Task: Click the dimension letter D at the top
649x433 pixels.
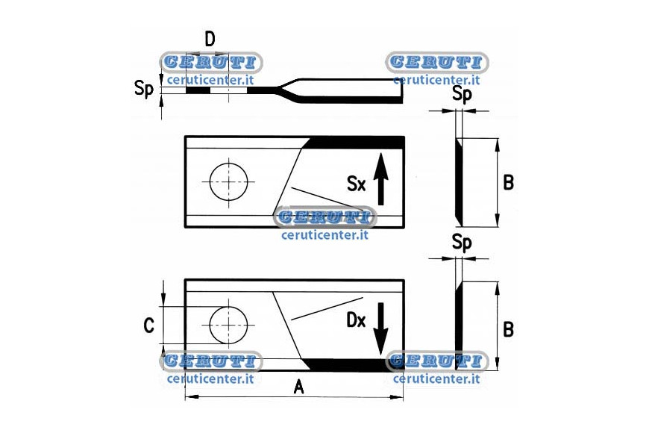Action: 210,40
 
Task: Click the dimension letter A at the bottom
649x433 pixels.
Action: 298,387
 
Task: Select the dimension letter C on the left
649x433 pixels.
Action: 148,325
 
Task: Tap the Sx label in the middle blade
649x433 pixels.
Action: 357,184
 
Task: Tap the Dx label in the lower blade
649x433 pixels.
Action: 356,320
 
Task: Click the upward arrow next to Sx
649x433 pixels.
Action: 380,179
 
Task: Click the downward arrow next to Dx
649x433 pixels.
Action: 380,328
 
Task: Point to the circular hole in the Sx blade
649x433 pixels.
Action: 228,182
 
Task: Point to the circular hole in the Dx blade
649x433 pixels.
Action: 228,325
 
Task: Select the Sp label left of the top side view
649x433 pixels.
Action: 144,89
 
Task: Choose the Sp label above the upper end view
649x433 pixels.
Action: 462,94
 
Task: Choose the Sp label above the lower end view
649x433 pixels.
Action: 462,242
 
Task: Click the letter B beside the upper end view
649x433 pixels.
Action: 508,182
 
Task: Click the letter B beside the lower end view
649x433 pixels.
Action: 508,329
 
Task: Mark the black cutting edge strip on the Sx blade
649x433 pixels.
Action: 353,143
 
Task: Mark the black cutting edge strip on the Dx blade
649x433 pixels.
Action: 353,364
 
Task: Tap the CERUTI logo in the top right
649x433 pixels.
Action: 436,62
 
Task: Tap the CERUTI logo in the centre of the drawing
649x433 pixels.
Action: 325,217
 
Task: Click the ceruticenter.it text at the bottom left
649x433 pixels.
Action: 210,379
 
